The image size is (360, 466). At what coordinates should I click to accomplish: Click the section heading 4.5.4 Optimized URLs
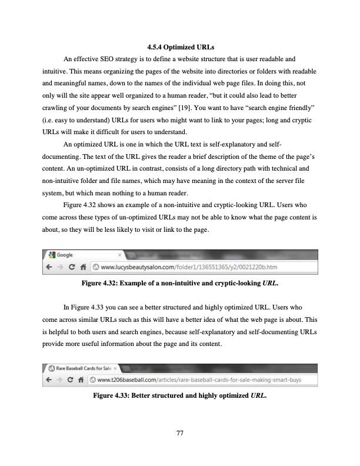click(x=179, y=47)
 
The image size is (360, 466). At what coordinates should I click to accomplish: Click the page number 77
click(x=180, y=434)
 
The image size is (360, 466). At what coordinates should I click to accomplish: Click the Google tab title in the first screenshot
click(x=64, y=255)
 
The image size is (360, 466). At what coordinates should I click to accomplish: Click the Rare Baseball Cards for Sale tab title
click(x=84, y=368)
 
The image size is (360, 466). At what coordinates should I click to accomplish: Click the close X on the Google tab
click(x=120, y=255)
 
